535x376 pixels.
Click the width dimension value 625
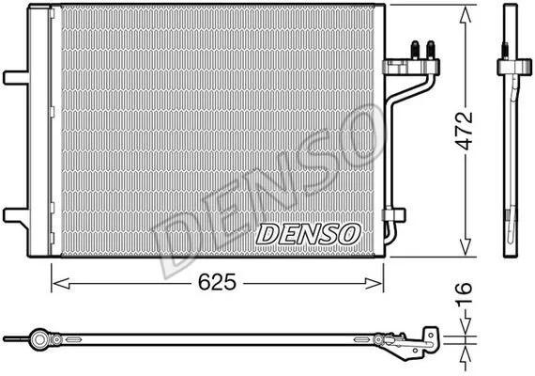point(217,282)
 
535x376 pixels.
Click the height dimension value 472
point(465,131)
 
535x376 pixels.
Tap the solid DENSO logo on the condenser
point(308,234)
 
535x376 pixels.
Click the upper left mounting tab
point(16,78)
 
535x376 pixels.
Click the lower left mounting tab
point(16,215)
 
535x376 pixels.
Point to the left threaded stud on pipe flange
point(415,50)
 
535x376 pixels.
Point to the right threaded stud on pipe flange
point(431,50)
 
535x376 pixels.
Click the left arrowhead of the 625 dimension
point(61,283)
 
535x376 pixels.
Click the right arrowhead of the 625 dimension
point(374,283)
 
